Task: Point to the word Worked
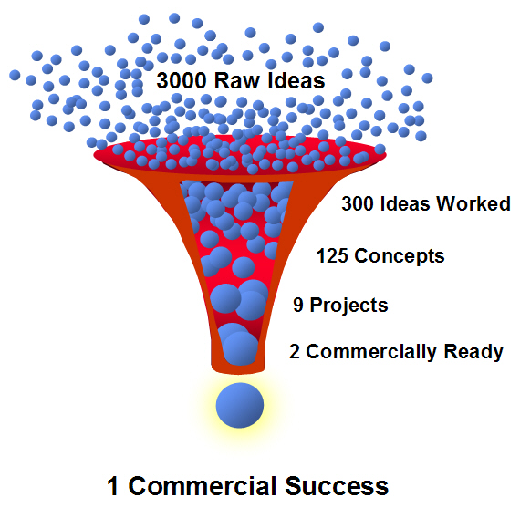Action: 473,203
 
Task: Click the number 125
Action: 332,256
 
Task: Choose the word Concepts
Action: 400,256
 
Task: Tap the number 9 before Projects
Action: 297,305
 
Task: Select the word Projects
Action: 348,306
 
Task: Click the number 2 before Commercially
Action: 294,352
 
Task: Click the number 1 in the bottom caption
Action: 113,486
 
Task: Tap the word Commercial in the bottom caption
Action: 203,486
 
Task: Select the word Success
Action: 337,486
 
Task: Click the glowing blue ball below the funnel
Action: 240,405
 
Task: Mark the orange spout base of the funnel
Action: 238,368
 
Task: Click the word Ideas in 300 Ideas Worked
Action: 405,203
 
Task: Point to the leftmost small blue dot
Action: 15,75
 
